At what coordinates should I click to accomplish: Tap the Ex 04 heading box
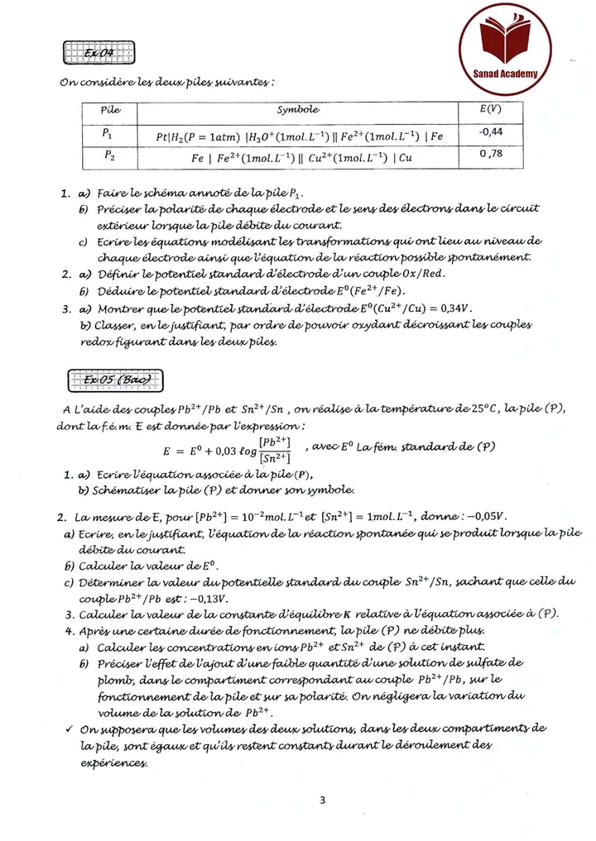[98, 53]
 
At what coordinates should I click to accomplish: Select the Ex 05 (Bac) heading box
[113, 380]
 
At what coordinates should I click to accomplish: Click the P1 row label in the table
[109, 132]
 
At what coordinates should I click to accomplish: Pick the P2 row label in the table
[109, 154]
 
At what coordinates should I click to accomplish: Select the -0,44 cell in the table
[490, 131]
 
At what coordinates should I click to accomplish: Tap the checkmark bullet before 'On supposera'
[67, 729]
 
